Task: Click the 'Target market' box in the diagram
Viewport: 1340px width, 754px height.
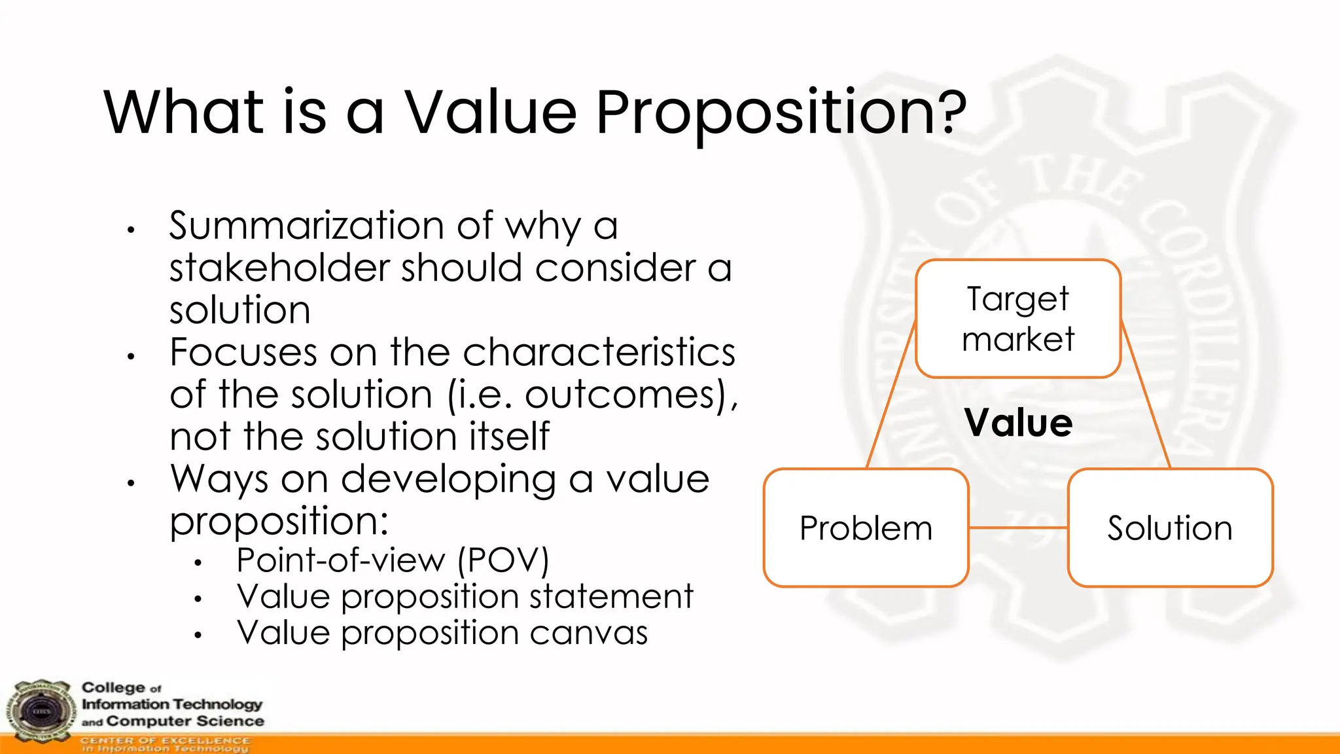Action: pos(1018,319)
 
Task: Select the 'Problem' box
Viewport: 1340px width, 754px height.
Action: pos(866,528)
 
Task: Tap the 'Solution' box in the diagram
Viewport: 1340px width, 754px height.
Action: pos(1170,528)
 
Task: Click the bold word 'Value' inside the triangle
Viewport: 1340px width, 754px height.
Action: pos(1018,422)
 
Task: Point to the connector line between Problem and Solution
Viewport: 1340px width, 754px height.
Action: pos(1018,528)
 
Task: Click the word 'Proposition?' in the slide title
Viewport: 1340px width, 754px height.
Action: pos(781,113)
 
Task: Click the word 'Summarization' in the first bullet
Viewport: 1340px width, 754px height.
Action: pos(307,226)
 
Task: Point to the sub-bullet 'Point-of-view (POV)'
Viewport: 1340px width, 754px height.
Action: pos(393,560)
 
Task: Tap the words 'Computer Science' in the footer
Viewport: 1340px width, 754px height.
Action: pos(185,721)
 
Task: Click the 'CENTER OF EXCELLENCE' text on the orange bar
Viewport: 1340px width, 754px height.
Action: pos(165,740)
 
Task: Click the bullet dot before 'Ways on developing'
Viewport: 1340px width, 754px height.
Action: pos(131,483)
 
